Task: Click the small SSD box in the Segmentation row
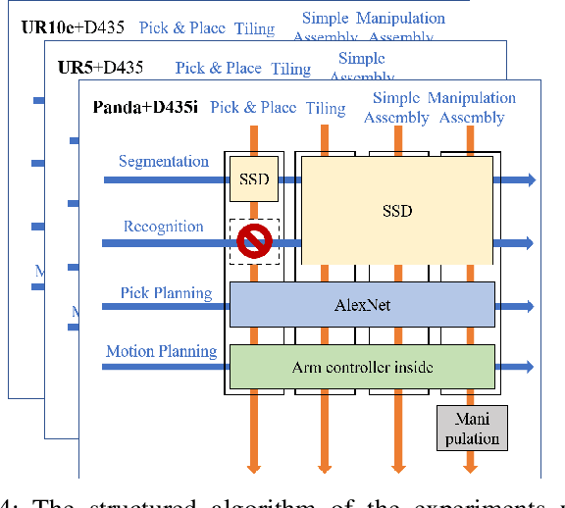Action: pos(254,179)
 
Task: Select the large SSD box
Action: pos(397,211)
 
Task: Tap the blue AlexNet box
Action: pos(362,305)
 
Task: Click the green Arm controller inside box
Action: pos(362,368)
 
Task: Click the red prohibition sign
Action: pos(254,240)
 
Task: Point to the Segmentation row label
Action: pos(164,161)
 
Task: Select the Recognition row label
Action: pos(164,227)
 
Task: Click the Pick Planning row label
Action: pos(166,292)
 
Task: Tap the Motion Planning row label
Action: pos(162,351)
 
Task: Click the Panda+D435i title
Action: pos(145,107)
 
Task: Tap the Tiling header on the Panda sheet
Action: pos(326,107)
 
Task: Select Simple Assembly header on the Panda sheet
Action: pos(396,107)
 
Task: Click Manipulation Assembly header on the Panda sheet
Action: pos(472,107)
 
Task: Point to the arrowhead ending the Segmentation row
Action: pos(530,179)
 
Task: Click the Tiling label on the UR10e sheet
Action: pos(254,28)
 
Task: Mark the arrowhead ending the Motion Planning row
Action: pos(530,368)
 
